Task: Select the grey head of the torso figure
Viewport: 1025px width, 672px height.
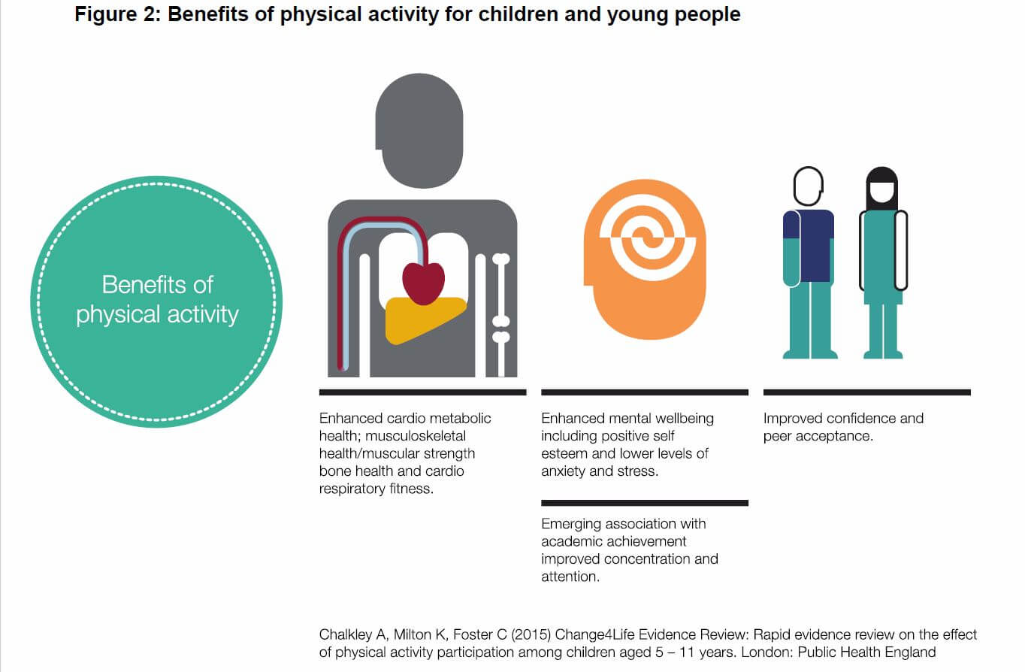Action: pos(419,131)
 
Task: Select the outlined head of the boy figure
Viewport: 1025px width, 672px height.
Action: pos(808,186)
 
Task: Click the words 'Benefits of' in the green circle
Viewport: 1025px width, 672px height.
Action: pos(157,285)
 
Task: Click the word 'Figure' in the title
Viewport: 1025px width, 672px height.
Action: pos(105,14)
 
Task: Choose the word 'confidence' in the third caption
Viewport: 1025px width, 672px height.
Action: pos(852,419)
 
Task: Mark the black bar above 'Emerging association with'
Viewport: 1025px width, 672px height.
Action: pos(645,503)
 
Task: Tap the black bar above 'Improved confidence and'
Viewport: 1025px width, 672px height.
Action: pos(867,392)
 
